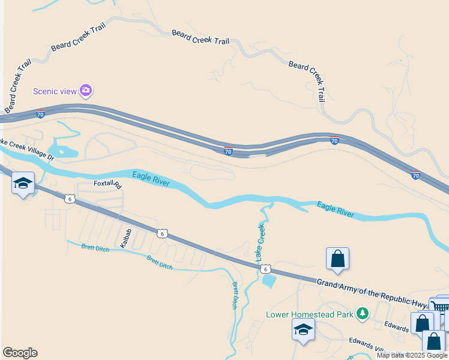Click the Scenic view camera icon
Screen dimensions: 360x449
click(86, 91)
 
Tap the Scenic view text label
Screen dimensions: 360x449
click(55, 91)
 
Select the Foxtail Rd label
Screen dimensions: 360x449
click(108, 184)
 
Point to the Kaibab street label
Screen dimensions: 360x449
click(125, 238)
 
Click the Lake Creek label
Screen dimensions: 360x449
click(261, 242)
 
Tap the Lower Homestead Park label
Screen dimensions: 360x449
click(310, 314)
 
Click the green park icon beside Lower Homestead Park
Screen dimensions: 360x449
click(362, 313)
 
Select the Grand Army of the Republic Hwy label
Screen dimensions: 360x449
click(372, 292)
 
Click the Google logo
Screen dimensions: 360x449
click(20, 353)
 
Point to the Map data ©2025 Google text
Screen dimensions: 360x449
click(412, 355)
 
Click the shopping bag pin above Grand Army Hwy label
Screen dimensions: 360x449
click(338, 259)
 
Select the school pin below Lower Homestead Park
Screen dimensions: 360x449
click(303, 330)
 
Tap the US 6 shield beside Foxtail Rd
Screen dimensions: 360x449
click(70, 199)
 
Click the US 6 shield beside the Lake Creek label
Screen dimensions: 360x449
click(265, 270)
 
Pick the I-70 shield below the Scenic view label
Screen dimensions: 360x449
click(40, 114)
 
